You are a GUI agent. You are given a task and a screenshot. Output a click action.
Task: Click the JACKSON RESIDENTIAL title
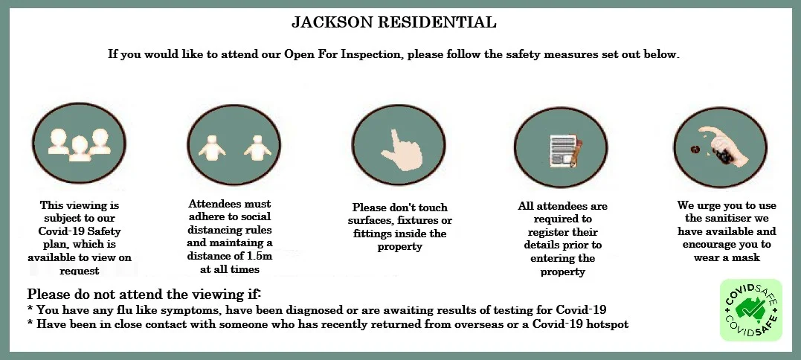click(x=393, y=22)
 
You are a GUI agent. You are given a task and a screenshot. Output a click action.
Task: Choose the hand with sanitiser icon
click(x=720, y=147)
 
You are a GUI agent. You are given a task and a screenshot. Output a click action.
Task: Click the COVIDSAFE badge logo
click(x=751, y=310)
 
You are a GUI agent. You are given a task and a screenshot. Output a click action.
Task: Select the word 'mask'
click(x=747, y=258)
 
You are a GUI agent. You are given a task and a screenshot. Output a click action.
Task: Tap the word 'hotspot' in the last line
click(x=606, y=324)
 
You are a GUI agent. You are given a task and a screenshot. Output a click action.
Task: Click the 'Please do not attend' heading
click(x=144, y=295)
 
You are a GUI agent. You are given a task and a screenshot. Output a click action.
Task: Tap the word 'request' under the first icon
click(x=79, y=271)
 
